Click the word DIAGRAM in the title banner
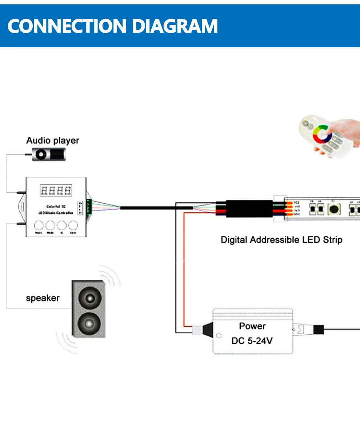[x=175, y=26]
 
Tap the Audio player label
[x=52, y=140]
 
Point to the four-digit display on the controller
[x=56, y=190]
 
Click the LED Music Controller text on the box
[x=55, y=212]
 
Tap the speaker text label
[x=43, y=298]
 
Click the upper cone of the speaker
[x=89, y=298]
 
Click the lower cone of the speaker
[x=88, y=322]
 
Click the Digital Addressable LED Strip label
[x=281, y=240]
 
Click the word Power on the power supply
[x=252, y=326]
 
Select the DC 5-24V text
[x=252, y=341]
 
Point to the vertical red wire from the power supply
[x=184, y=269]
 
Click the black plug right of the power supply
[x=319, y=330]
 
